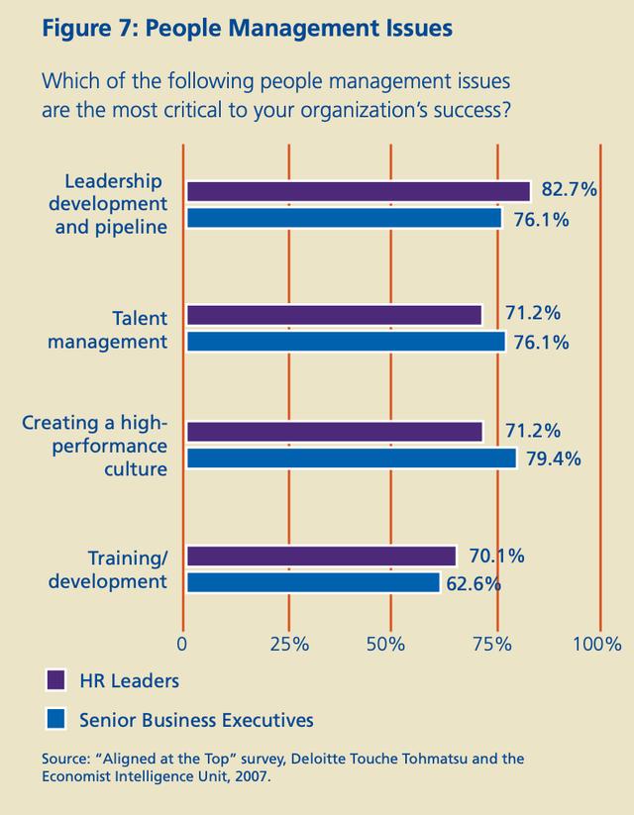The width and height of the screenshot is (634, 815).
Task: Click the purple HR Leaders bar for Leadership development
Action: coord(357,191)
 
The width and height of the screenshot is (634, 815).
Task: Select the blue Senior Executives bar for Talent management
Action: coord(345,342)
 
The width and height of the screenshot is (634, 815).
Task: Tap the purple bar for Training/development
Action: coord(320,556)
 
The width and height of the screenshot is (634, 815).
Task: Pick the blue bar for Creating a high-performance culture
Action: coord(351,458)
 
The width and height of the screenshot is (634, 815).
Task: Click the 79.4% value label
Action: coord(554,458)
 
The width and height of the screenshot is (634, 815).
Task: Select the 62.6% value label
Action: coord(473,583)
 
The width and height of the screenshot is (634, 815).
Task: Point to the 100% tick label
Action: coord(596,644)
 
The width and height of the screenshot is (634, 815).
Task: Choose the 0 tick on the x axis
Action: coord(182,644)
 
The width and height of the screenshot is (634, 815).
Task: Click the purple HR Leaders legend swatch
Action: coord(56,680)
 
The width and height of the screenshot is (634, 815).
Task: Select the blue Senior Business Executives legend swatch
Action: coord(56,718)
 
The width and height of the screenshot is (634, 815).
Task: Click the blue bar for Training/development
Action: coord(312,583)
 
